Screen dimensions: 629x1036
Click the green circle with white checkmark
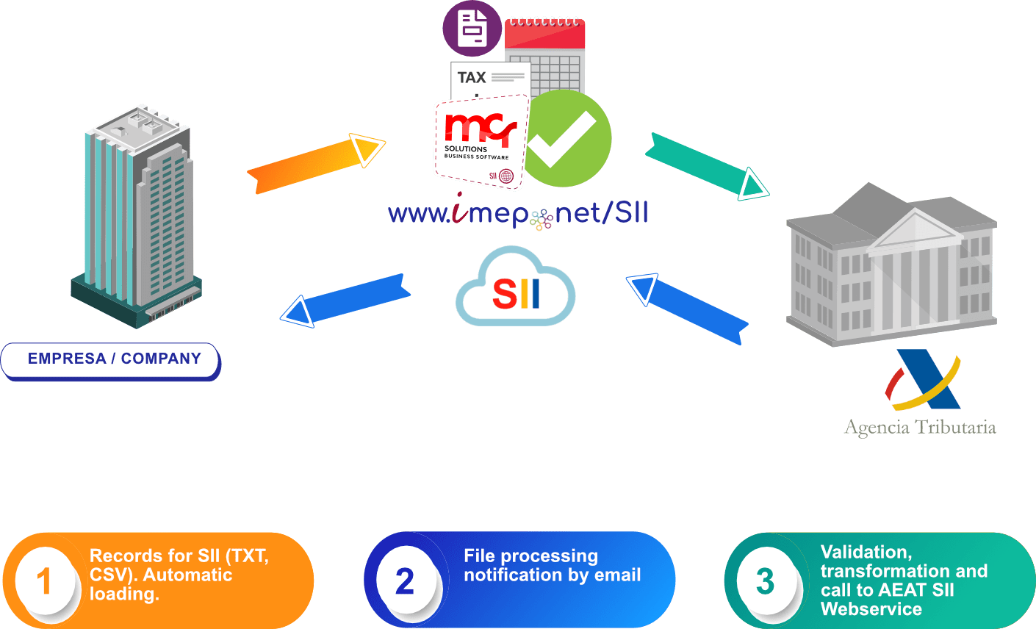pos(566,138)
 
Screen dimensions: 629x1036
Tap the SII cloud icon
pos(515,288)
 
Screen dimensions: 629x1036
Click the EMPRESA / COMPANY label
pos(114,359)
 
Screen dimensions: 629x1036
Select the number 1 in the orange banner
pos(44,581)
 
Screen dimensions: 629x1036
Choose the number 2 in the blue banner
pos(404,581)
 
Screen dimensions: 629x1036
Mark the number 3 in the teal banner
pos(765,581)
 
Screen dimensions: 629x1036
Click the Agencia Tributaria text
pos(920,427)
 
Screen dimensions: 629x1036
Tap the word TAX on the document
pos(472,78)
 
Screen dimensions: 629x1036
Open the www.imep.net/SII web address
pos(518,214)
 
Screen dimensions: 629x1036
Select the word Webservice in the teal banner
pos(871,609)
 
